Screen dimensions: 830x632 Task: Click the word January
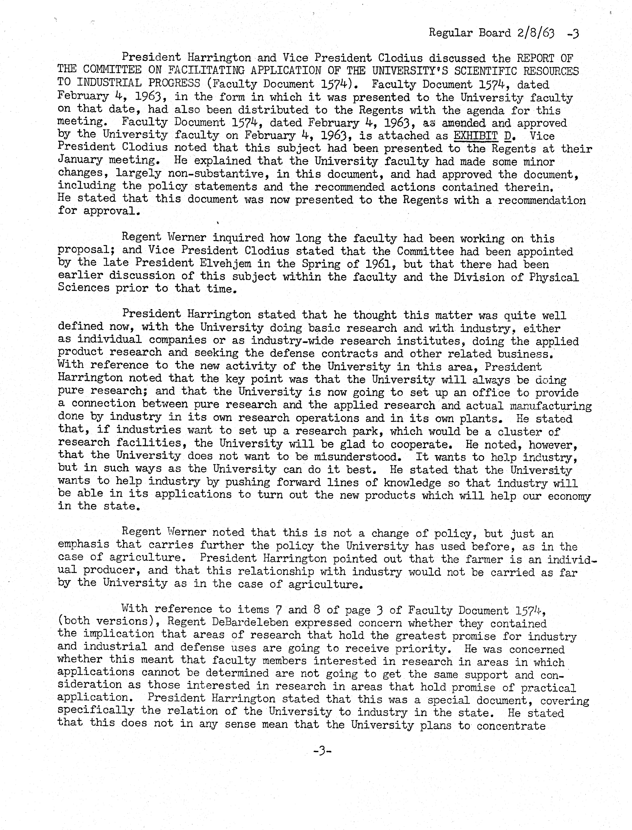pos(80,161)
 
